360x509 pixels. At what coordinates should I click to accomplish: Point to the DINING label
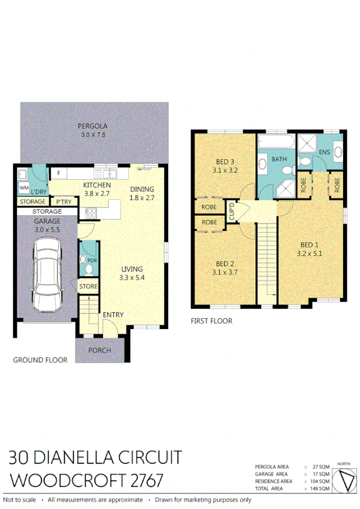tap(143, 189)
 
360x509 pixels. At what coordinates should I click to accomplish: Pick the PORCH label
tap(99, 350)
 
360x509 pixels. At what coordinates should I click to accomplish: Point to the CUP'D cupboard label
tap(231, 212)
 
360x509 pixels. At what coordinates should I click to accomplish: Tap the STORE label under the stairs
tap(88, 287)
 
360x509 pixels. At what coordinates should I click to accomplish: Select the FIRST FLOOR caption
tap(211, 321)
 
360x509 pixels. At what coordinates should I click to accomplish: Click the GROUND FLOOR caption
tap(40, 360)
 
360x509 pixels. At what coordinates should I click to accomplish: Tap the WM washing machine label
tap(24, 188)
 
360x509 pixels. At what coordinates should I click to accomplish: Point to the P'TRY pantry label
tap(63, 202)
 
